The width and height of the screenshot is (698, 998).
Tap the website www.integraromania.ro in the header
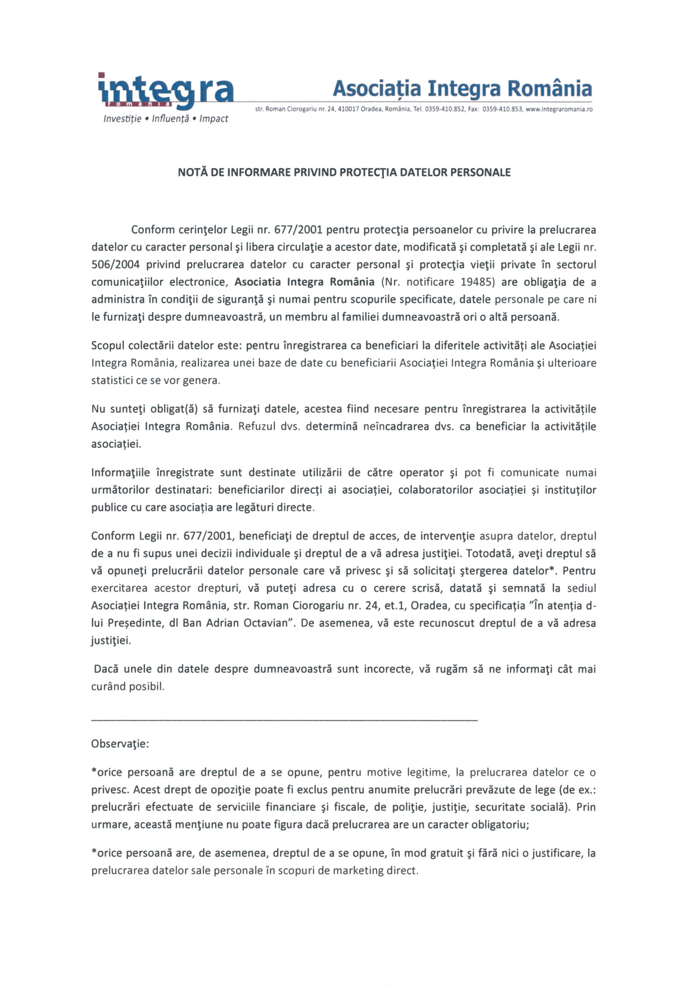pyautogui.click(x=559, y=110)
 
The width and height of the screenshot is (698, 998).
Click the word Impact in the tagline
pyautogui.click(x=213, y=119)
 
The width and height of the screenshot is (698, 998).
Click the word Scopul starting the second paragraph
pyautogui.click(x=108, y=346)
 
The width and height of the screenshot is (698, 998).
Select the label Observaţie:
pyautogui.click(x=120, y=744)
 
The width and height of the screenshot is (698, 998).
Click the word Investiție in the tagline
pyautogui.click(x=122, y=119)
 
